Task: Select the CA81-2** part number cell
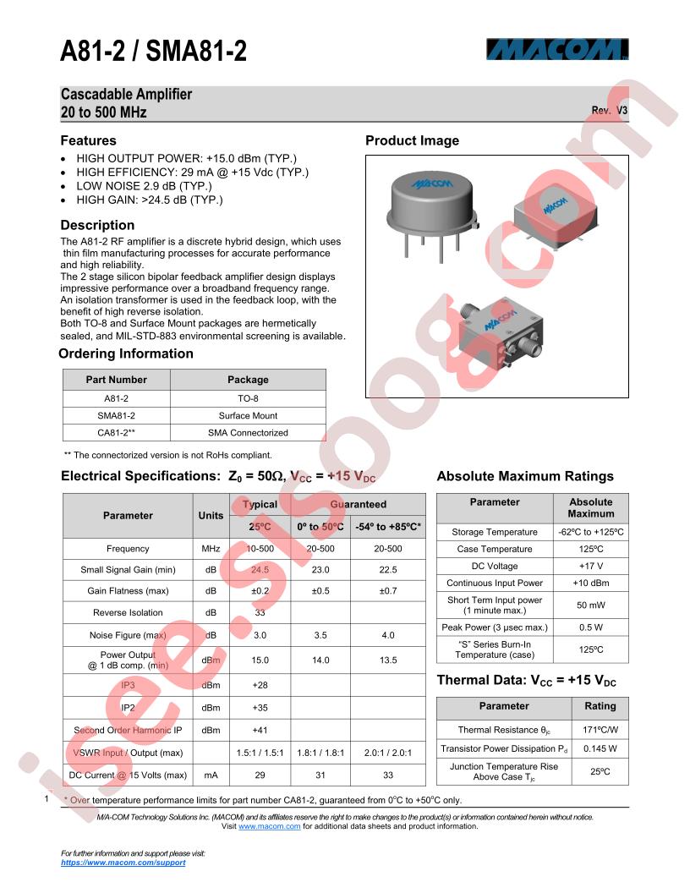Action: click(117, 432)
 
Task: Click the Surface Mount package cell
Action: click(248, 415)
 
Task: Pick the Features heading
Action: click(88, 140)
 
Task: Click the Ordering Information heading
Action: click(126, 353)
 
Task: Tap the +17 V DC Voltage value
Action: click(591, 566)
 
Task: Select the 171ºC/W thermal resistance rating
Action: click(600, 730)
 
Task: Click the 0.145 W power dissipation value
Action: click(600, 748)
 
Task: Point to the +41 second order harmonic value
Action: click(260, 730)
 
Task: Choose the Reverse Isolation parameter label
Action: click(128, 612)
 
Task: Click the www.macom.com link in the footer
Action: click(269, 826)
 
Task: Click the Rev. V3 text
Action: click(609, 111)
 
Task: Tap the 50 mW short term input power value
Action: click(591, 605)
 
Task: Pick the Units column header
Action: click(211, 515)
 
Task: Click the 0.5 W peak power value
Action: click(591, 627)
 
